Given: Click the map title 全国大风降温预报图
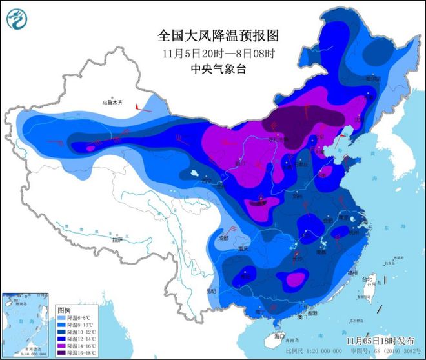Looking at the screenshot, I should pyautogui.click(x=212, y=34).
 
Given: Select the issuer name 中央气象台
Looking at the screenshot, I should pyautogui.click(x=212, y=68).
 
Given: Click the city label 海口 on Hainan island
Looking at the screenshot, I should pyautogui.click(x=279, y=336).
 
